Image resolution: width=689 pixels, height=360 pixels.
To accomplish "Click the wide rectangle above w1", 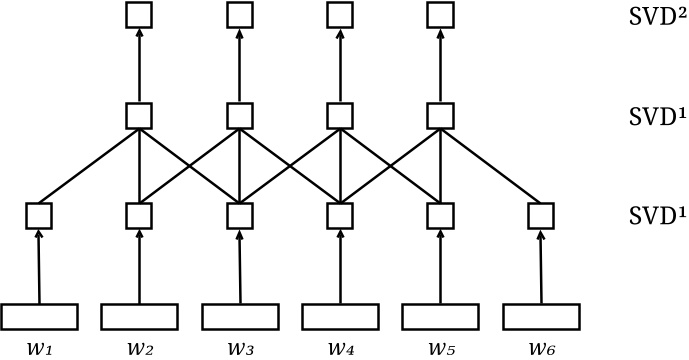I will coord(39,316).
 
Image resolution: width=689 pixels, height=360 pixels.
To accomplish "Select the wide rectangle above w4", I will coord(341,316).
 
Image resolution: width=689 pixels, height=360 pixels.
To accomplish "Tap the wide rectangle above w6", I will coord(541,316).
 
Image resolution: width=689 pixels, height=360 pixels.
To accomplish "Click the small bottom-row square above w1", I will coord(39,215).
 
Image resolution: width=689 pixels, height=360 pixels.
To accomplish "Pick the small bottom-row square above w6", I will coord(541,215).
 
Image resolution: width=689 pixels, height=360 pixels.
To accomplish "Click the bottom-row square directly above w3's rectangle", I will coord(240,215).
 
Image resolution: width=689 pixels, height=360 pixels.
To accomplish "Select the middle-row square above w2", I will coord(139,115).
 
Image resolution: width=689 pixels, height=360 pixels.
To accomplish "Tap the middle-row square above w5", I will coord(441,115).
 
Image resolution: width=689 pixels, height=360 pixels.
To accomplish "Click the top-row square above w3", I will coord(240,15).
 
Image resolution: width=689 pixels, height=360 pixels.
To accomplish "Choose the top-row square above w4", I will coord(341,15).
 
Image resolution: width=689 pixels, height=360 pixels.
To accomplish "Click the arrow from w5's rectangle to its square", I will coord(441,265).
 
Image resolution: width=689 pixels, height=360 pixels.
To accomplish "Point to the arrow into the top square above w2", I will coord(139,65).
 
